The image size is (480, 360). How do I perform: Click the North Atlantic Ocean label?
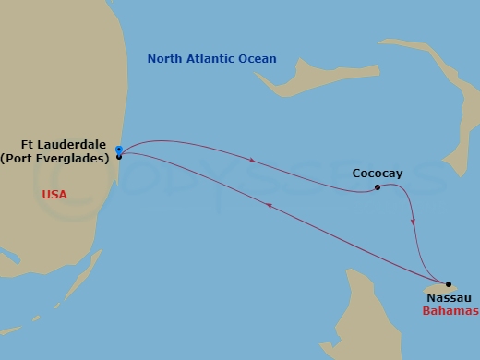[211, 59]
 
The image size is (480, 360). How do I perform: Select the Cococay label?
[377, 172]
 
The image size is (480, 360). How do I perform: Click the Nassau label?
[448, 298]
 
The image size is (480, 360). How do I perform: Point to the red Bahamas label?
[450, 311]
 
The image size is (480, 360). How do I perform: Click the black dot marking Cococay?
[378, 187]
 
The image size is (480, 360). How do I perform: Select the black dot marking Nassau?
[449, 284]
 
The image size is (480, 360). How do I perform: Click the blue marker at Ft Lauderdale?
[119, 149]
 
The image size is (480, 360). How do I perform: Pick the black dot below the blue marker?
[119, 157]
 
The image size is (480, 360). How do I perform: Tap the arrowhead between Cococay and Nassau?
[413, 222]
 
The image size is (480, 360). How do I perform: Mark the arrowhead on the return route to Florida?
[269, 207]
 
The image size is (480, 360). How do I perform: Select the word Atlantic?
[209, 59]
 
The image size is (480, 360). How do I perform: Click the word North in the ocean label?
[164, 59]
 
